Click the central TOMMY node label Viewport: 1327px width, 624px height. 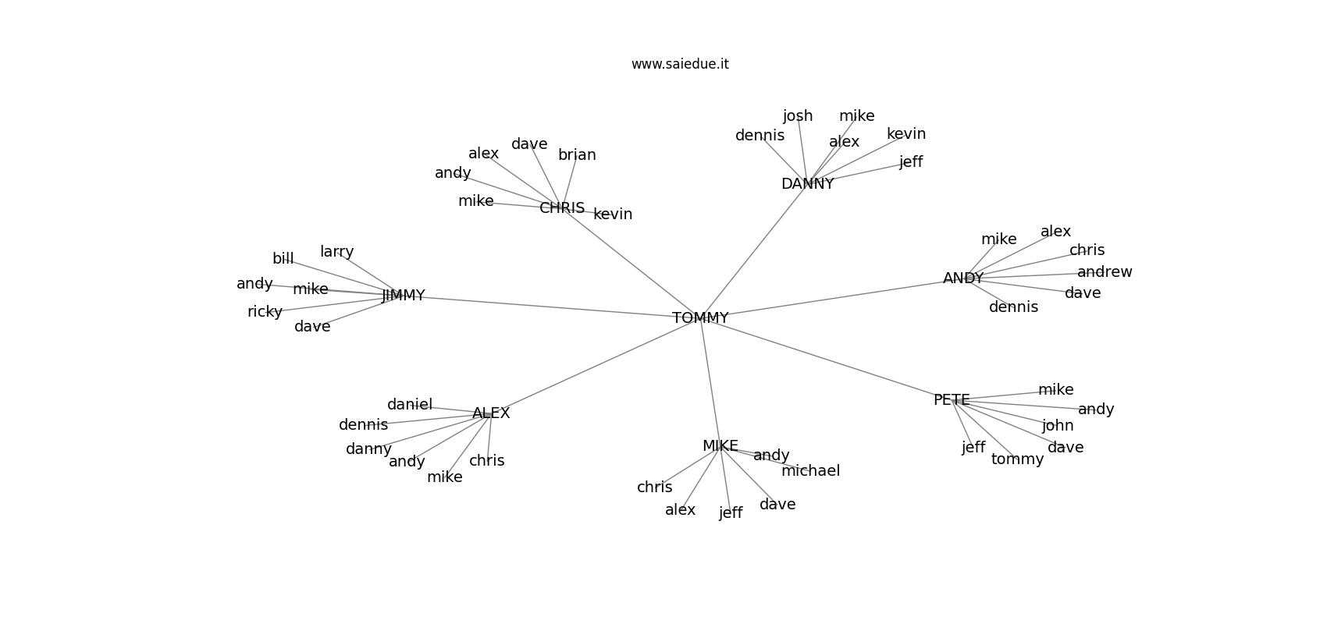[700, 318]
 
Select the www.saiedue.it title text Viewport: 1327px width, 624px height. [680, 64]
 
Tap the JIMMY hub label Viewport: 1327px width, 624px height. [404, 296]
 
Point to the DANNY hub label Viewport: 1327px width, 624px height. [807, 184]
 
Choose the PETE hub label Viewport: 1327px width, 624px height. [952, 400]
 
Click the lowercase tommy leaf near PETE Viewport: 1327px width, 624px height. [1017, 459]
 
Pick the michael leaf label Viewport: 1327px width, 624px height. [810, 471]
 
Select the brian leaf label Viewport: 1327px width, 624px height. [577, 155]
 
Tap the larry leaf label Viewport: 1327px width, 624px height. [336, 252]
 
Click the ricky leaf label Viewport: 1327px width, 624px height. [265, 312]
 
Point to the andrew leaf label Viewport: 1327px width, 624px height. [1105, 272]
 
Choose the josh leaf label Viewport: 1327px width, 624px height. [798, 116]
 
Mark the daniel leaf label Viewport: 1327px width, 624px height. [410, 405]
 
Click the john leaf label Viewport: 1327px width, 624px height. [1058, 426]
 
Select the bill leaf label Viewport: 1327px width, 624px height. [283, 259]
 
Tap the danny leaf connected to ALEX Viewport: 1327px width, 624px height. [368, 449]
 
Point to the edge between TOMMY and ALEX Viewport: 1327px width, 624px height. [593, 367]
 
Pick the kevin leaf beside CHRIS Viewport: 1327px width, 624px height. [613, 214]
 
